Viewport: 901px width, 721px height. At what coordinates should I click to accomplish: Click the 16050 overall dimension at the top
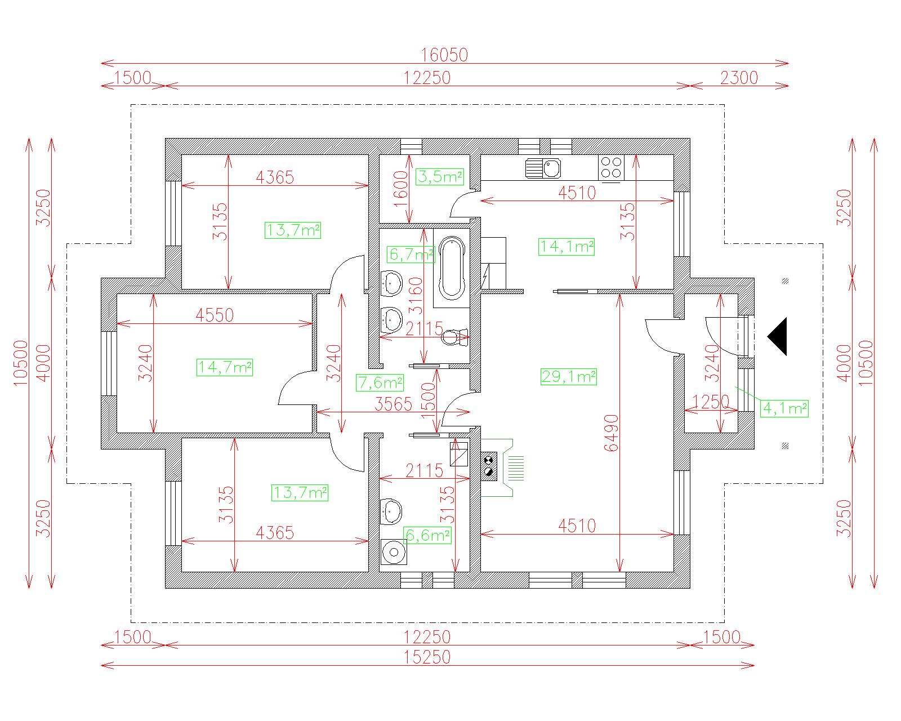click(444, 55)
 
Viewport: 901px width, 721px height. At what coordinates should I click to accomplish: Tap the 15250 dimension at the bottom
click(427, 657)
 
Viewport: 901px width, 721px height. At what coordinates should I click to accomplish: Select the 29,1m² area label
click(569, 377)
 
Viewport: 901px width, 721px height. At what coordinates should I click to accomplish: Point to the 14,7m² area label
click(225, 367)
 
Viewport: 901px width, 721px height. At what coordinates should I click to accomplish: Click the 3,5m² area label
click(440, 177)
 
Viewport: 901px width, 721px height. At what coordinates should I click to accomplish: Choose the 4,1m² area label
click(784, 408)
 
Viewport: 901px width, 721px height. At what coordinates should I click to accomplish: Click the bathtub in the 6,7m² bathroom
click(452, 268)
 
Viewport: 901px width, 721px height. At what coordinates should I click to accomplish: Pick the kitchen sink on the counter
click(543, 168)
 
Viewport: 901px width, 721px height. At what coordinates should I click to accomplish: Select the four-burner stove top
click(611, 168)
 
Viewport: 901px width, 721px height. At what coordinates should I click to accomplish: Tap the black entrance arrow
click(777, 336)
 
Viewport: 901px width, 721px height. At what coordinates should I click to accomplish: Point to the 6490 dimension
click(612, 433)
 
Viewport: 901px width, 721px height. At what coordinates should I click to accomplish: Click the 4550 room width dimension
click(215, 315)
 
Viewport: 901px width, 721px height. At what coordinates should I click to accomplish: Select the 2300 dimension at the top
click(739, 78)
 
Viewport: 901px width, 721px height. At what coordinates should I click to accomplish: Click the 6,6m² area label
click(427, 536)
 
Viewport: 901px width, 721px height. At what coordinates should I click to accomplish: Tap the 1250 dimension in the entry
click(711, 402)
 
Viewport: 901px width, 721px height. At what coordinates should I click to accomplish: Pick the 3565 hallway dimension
click(393, 404)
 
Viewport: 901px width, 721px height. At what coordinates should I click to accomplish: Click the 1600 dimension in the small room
click(401, 189)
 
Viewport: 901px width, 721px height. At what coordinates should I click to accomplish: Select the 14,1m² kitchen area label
click(567, 247)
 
